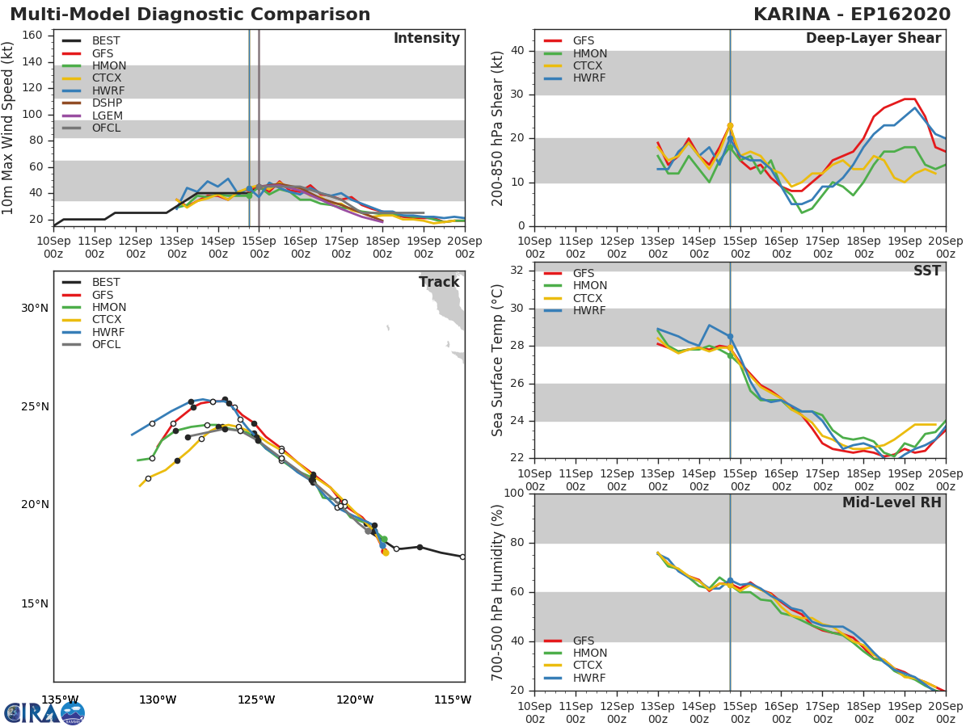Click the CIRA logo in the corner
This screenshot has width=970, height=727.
point(44,712)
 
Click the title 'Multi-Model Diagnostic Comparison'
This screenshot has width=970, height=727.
point(190,15)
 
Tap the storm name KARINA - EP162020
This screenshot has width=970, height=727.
point(851,15)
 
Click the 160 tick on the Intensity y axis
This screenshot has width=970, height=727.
point(32,36)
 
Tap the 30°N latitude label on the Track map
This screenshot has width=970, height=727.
point(35,308)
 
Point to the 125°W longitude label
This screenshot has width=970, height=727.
point(256,700)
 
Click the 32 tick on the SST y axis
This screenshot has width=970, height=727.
point(517,271)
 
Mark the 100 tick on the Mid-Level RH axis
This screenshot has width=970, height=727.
point(514,493)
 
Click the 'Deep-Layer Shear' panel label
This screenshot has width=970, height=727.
point(874,39)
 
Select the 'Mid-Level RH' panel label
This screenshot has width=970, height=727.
point(892,502)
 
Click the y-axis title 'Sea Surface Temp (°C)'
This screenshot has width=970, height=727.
point(497,360)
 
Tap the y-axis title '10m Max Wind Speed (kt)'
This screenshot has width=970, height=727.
point(7,128)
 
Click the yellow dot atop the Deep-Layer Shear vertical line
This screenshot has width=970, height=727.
point(730,126)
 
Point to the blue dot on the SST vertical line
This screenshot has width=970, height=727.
point(730,337)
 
